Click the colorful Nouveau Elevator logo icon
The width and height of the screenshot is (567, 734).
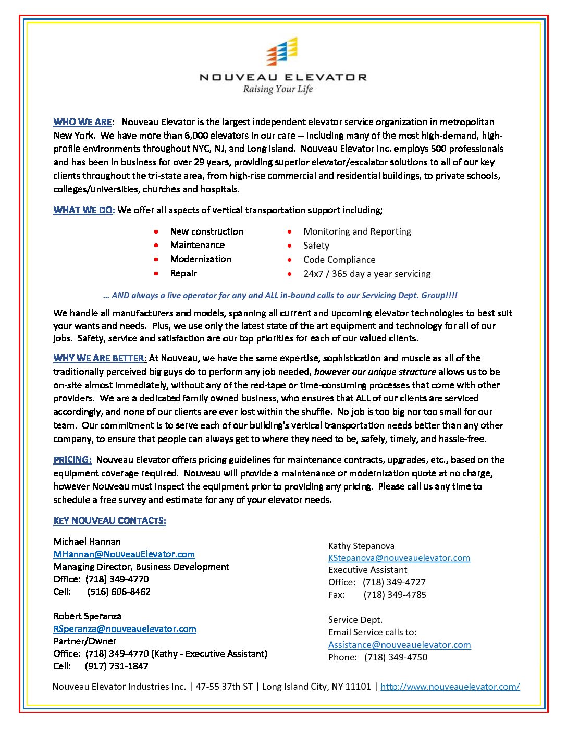(282, 52)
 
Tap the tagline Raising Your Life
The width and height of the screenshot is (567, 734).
(278, 89)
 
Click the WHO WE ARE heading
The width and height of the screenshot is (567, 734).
(82, 122)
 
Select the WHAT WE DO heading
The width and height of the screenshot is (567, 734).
(83, 210)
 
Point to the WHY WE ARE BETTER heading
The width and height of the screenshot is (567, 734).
(100, 358)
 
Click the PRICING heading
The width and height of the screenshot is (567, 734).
(72, 460)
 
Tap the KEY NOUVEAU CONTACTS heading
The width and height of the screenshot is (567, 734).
(109, 521)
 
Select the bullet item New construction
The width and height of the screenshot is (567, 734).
(206, 231)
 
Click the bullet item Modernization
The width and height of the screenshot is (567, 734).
(201, 259)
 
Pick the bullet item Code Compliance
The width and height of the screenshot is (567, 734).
(339, 260)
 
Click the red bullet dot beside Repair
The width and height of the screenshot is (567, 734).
(156, 273)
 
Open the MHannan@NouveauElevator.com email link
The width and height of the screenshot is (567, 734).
(124, 554)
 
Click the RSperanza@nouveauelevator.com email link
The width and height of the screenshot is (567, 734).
(125, 629)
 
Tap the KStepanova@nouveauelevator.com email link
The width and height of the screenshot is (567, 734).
(399, 558)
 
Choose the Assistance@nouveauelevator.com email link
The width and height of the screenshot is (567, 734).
(399, 645)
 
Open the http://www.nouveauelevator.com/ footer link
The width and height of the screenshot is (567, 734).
(450, 687)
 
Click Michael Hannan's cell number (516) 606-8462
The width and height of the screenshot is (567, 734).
(119, 592)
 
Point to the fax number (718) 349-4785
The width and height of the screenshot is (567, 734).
(395, 595)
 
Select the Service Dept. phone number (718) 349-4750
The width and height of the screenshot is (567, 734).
(396, 657)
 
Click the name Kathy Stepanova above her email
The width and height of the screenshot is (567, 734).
(361, 546)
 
